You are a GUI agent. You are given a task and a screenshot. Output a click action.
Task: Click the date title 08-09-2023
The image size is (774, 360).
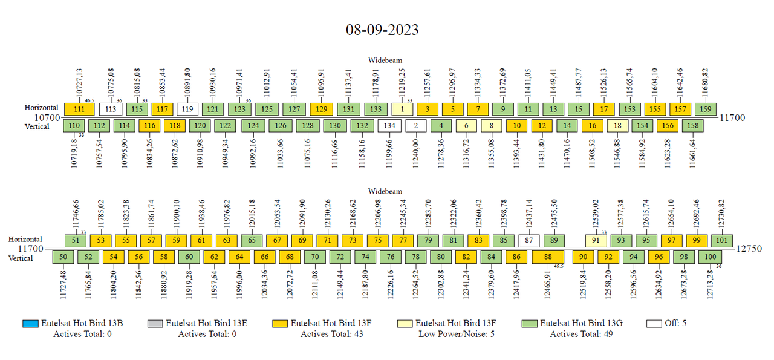(382, 30)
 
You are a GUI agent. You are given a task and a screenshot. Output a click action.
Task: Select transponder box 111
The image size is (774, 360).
(79, 109)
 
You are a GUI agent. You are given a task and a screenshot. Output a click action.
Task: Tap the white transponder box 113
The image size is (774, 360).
(110, 109)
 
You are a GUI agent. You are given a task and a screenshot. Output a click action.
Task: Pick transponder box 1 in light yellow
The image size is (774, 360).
(402, 109)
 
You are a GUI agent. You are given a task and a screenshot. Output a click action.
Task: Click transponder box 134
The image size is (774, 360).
(389, 126)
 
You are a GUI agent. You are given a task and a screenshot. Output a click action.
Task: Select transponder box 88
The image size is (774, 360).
(548, 257)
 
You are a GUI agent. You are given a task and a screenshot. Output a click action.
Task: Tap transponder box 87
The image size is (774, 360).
(529, 240)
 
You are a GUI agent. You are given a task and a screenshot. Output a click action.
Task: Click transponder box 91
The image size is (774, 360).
(596, 240)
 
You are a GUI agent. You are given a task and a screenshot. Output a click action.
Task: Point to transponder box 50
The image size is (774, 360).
(63, 257)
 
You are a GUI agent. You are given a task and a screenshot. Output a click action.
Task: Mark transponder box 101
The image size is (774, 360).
(721, 240)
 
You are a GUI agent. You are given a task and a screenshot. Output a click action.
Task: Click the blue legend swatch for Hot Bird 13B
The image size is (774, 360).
(30, 323)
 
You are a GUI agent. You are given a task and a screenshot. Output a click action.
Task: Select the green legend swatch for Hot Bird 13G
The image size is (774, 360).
(529, 323)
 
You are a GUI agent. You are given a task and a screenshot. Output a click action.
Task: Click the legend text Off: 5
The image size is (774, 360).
(675, 323)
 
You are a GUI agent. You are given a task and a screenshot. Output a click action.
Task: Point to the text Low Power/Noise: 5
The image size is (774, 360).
(457, 334)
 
